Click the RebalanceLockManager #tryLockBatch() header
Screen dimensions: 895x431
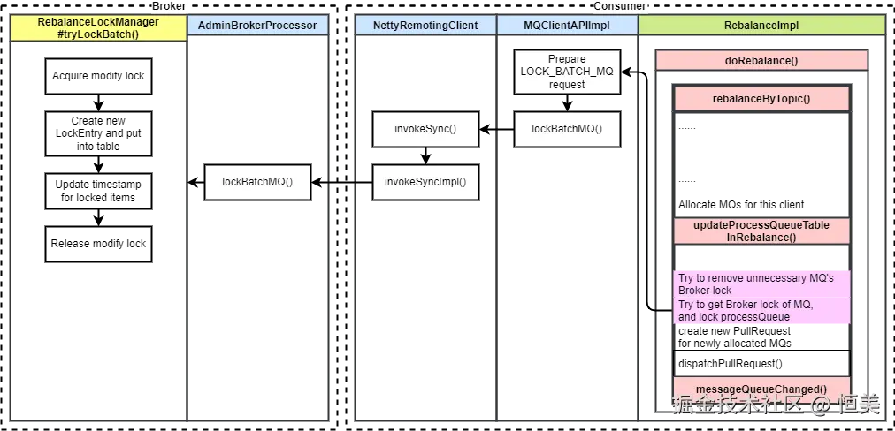pos(98,28)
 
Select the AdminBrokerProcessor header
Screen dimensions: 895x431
pos(257,26)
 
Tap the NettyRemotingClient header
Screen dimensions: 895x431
pos(425,26)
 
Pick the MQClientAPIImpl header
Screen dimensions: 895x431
pos(566,26)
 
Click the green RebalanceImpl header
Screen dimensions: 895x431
pos(761,26)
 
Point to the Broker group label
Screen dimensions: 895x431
pos(168,6)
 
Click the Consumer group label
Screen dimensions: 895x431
pos(619,6)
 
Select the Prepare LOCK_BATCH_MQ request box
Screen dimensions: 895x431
pos(567,72)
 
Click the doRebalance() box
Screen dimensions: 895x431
pos(761,60)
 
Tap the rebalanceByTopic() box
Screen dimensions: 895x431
pos(761,99)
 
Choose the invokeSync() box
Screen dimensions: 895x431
pos(425,129)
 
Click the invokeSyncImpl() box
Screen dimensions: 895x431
pos(425,182)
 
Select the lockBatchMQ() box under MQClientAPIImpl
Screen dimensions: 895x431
pos(567,129)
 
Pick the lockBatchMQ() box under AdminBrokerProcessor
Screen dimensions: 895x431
pos(257,182)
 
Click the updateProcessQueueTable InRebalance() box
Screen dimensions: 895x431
pos(761,231)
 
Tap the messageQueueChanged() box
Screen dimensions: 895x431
pos(761,389)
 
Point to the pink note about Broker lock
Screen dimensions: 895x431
pos(761,297)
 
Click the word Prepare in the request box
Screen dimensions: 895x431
pos(567,59)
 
